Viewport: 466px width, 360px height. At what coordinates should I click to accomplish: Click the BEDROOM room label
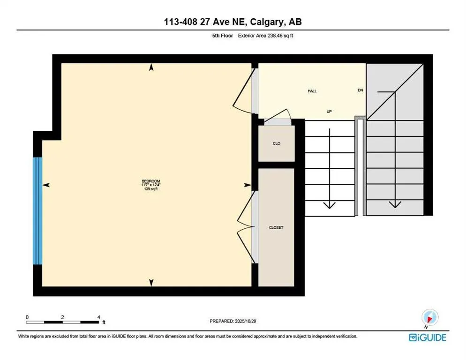pyautogui.click(x=151, y=181)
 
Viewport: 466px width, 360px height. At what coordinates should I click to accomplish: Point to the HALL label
pyautogui.click(x=312, y=91)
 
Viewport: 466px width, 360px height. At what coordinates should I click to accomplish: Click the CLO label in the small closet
pyautogui.click(x=277, y=143)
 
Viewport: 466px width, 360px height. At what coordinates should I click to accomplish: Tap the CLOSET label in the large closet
pyautogui.click(x=276, y=228)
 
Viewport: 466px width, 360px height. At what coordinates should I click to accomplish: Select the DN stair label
pyautogui.click(x=361, y=90)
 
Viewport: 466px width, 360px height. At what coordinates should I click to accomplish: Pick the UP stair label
pyautogui.click(x=330, y=112)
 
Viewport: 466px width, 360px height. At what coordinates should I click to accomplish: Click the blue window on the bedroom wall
pyautogui.click(x=38, y=211)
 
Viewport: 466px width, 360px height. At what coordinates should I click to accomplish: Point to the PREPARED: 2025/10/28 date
pyautogui.click(x=233, y=321)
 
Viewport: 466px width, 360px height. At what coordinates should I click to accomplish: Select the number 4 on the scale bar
pyautogui.click(x=98, y=317)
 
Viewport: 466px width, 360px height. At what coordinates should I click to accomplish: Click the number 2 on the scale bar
pyautogui.click(x=62, y=317)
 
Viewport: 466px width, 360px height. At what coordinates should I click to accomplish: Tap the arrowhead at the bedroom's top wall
pyautogui.click(x=151, y=68)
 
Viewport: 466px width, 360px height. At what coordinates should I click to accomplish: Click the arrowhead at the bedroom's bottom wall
pyautogui.click(x=151, y=282)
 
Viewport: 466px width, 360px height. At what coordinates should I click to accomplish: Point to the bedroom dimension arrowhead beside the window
pyautogui.click(x=46, y=186)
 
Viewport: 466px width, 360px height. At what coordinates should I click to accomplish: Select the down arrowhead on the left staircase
pyautogui.click(x=331, y=204)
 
